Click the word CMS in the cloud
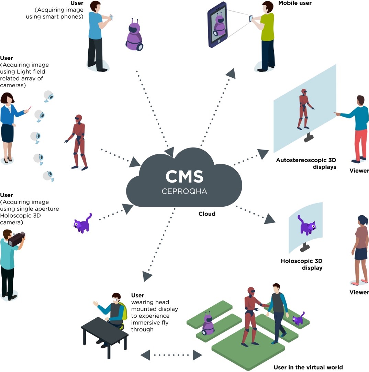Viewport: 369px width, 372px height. coord(184,176)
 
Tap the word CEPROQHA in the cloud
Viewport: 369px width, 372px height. coord(184,191)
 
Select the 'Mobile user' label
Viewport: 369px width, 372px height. coord(295,3)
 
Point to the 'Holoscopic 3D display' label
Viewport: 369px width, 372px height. coord(302,264)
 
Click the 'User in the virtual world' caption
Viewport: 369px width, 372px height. coord(308,367)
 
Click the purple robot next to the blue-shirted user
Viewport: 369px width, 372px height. coord(134,35)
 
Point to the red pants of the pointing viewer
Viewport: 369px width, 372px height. coord(359,144)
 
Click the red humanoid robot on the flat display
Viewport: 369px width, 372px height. coord(304,109)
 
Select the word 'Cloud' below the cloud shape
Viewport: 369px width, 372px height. coord(207,214)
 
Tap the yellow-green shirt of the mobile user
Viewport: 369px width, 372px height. coord(267,28)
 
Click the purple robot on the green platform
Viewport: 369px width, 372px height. coord(208,324)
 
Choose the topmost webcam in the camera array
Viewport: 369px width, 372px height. coord(49,96)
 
